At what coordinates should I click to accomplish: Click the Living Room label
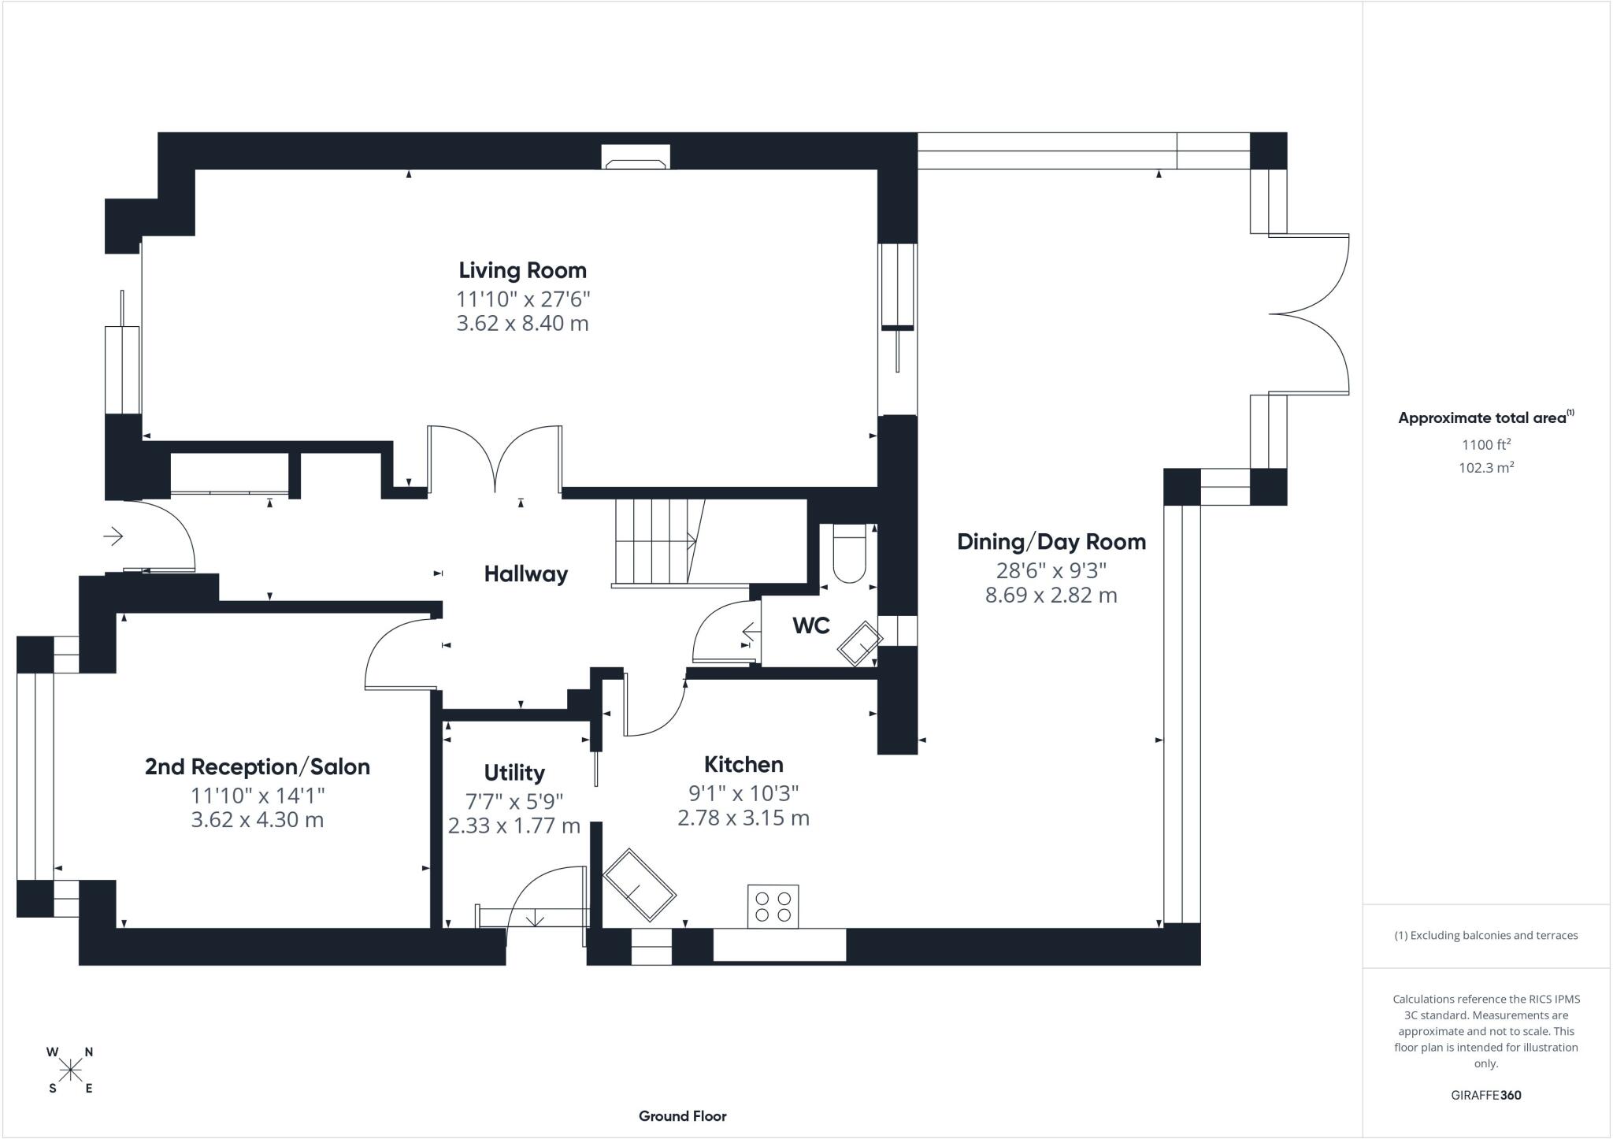tap(522, 270)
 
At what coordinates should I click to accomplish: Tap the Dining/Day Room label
tap(1051, 542)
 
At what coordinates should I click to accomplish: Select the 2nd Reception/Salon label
tap(257, 766)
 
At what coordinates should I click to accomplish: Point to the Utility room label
tap(514, 773)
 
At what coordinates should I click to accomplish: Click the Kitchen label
tap(743, 764)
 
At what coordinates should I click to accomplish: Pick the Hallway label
tap(525, 574)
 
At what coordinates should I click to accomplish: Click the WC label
tap(810, 625)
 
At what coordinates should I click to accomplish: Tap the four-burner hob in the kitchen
tap(773, 906)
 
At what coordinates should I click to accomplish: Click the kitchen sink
tap(639, 885)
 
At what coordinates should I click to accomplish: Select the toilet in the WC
tap(848, 555)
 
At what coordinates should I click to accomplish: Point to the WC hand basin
tap(859, 644)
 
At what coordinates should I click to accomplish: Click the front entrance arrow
tap(113, 536)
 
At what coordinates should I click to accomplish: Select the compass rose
tap(71, 1070)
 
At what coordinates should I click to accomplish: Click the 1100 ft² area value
tap(1485, 444)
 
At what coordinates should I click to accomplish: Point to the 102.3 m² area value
tap(1485, 467)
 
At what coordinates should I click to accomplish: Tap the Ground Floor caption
tap(682, 1115)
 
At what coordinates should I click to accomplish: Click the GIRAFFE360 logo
tap(1485, 1095)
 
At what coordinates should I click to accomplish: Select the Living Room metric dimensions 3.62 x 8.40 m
tap(522, 323)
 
